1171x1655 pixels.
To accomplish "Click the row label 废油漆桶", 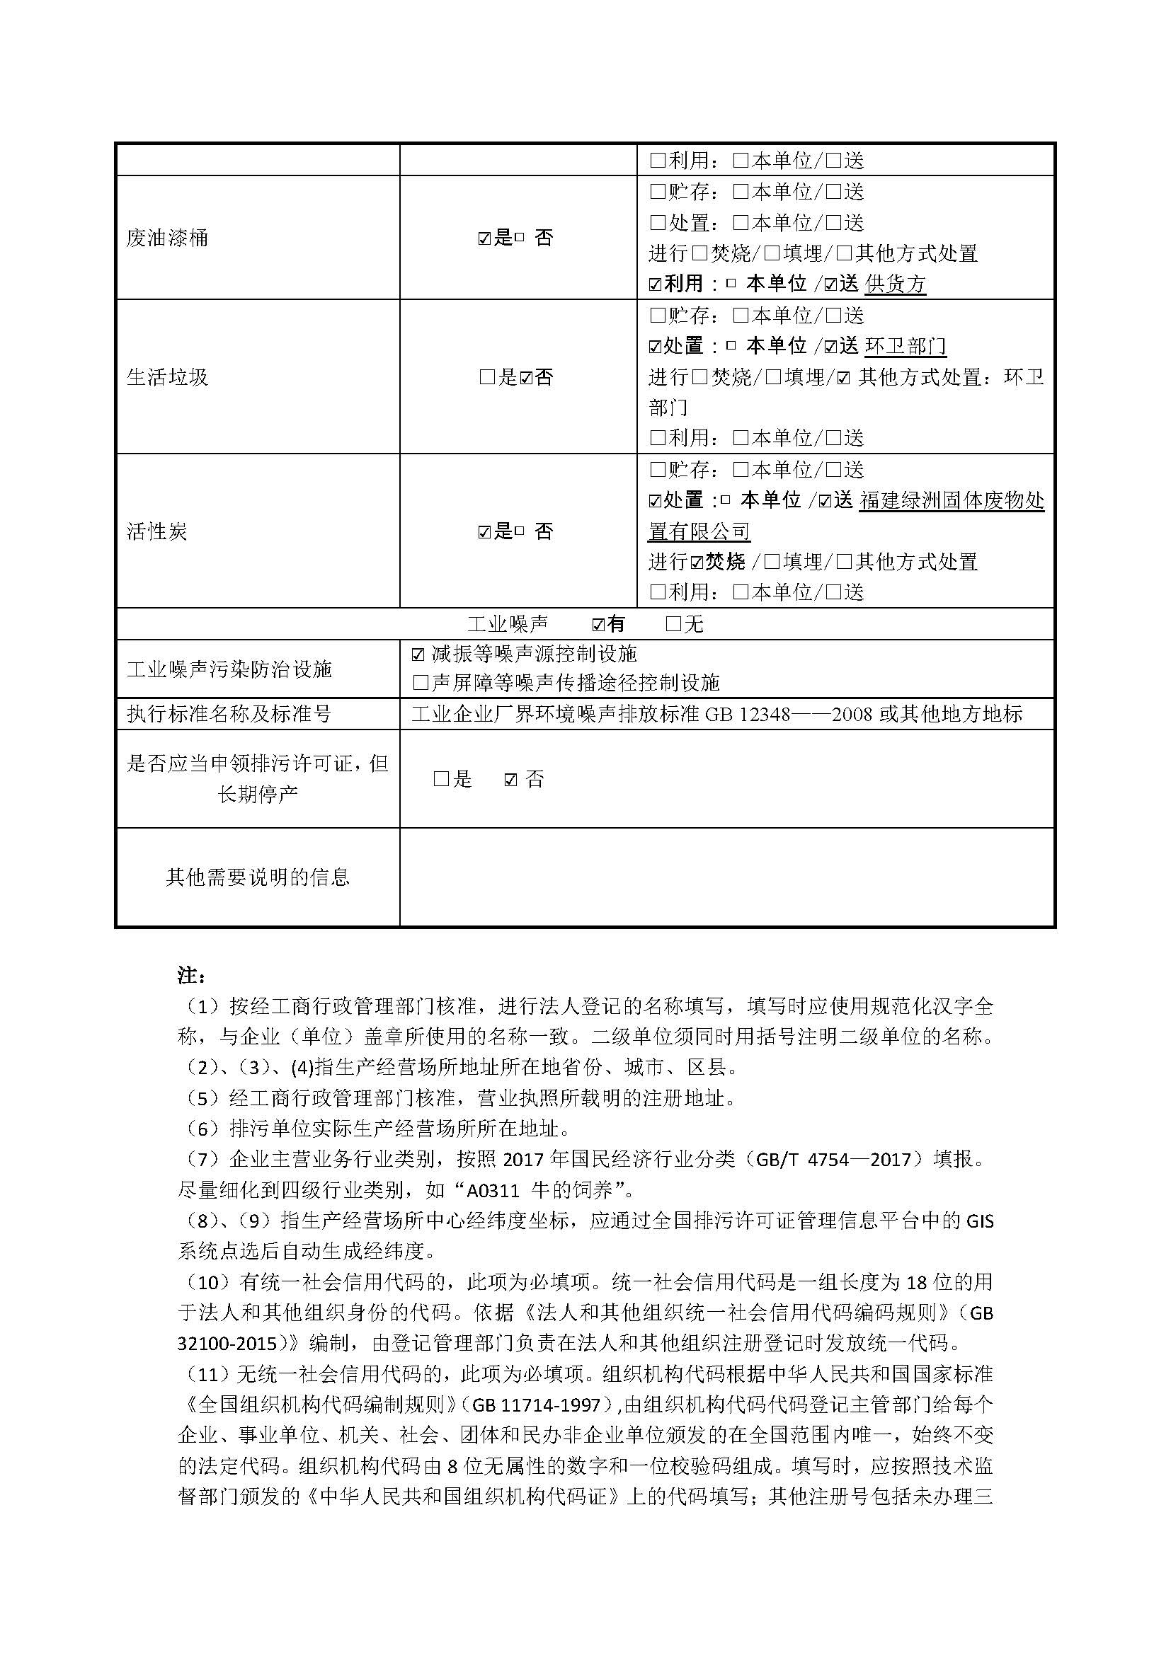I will click(x=167, y=238).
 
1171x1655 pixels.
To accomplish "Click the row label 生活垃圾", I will click(x=167, y=377).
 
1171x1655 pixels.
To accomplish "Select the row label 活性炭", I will click(x=157, y=531).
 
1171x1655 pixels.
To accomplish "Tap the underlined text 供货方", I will click(x=895, y=284).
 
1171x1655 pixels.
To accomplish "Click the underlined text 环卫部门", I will click(x=905, y=347).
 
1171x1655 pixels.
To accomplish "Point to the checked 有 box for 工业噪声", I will click(x=598, y=625).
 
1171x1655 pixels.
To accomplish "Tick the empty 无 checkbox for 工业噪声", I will click(x=673, y=624).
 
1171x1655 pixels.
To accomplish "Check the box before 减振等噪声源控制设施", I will click(x=418, y=654).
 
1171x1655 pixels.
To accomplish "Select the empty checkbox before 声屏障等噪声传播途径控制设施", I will click(x=420, y=683).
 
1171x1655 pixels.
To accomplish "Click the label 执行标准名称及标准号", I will click(x=229, y=715).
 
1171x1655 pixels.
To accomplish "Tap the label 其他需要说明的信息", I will click(x=258, y=877).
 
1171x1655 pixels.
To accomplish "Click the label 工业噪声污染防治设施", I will click(x=229, y=669).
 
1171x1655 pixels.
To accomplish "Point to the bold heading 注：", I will click(x=192, y=975).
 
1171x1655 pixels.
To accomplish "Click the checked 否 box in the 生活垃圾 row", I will click(x=526, y=378).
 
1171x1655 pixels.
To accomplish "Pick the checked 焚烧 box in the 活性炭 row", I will click(x=697, y=563).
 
